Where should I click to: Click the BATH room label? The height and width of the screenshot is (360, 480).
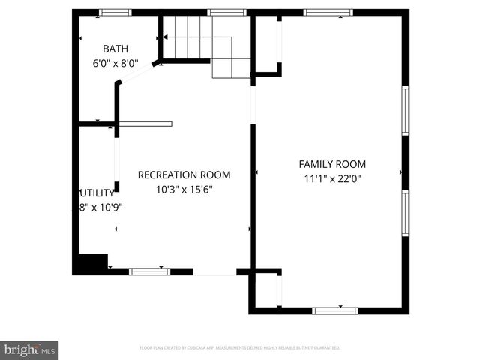[115, 49]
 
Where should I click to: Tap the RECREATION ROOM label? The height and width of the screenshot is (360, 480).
[184, 175]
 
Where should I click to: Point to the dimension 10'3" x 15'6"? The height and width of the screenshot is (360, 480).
[184, 190]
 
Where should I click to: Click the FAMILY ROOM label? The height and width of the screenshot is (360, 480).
[332, 164]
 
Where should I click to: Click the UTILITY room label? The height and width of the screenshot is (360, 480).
[97, 193]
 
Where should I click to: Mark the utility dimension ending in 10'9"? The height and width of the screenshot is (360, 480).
[100, 208]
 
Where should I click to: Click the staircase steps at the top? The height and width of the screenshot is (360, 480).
[187, 37]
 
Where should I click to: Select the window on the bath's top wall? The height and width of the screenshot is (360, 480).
[115, 12]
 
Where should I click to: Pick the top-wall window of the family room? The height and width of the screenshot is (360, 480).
[328, 12]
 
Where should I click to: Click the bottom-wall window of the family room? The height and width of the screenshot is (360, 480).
[335, 310]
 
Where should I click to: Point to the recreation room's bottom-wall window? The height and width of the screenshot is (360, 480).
[149, 271]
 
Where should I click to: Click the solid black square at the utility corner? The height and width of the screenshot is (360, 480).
[91, 265]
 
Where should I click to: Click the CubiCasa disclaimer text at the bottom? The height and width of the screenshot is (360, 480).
[240, 348]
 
